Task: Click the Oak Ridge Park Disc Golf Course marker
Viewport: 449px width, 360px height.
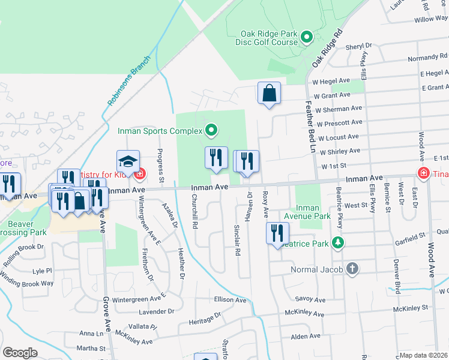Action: pos(307,38)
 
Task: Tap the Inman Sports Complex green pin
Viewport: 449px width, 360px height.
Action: pos(211,130)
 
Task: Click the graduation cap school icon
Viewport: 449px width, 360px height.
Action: pos(128,161)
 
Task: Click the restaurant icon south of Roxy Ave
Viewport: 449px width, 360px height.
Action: pos(277,233)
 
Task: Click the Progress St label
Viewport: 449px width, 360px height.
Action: pos(160,165)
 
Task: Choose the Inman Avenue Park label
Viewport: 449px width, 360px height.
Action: pos(313,212)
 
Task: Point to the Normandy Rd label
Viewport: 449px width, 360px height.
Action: pos(428,58)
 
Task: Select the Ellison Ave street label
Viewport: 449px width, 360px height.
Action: pos(230,299)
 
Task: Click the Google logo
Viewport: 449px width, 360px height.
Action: pos(20,353)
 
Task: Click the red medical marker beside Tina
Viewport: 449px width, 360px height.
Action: pos(423,173)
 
